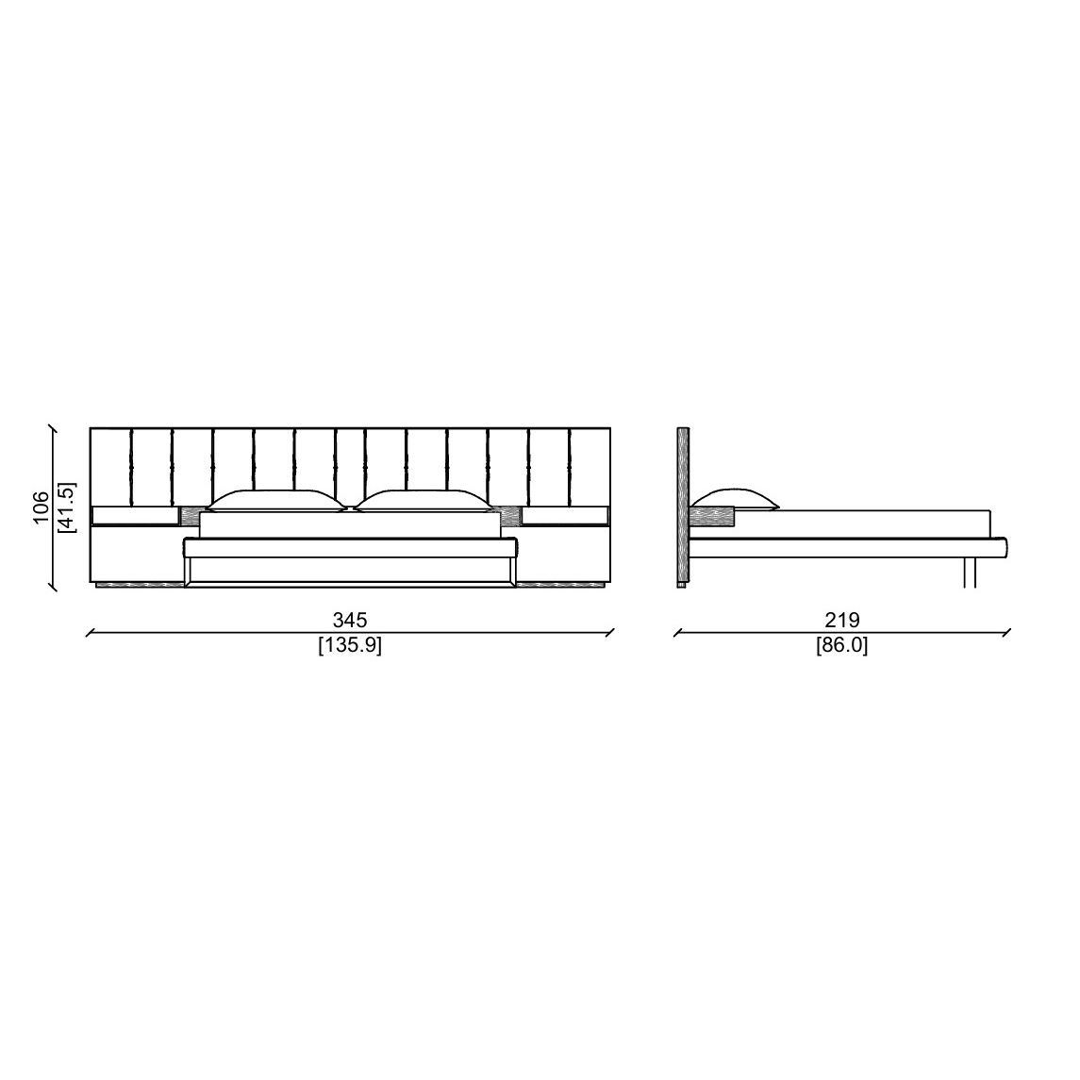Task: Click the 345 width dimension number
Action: pos(350,620)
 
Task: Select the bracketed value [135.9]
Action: pos(350,646)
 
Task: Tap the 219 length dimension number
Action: pos(842,620)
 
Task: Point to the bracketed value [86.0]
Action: pos(842,646)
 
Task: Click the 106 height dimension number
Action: pos(42,507)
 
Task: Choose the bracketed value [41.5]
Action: pos(68,507)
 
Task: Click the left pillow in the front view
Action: pos(275,501)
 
